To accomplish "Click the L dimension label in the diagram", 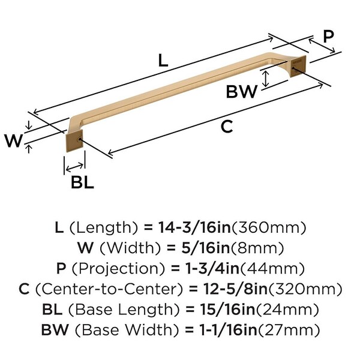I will (x=164, y=60).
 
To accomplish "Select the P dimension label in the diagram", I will (x=328, y=36).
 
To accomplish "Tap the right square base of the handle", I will (x=298, y=68).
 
